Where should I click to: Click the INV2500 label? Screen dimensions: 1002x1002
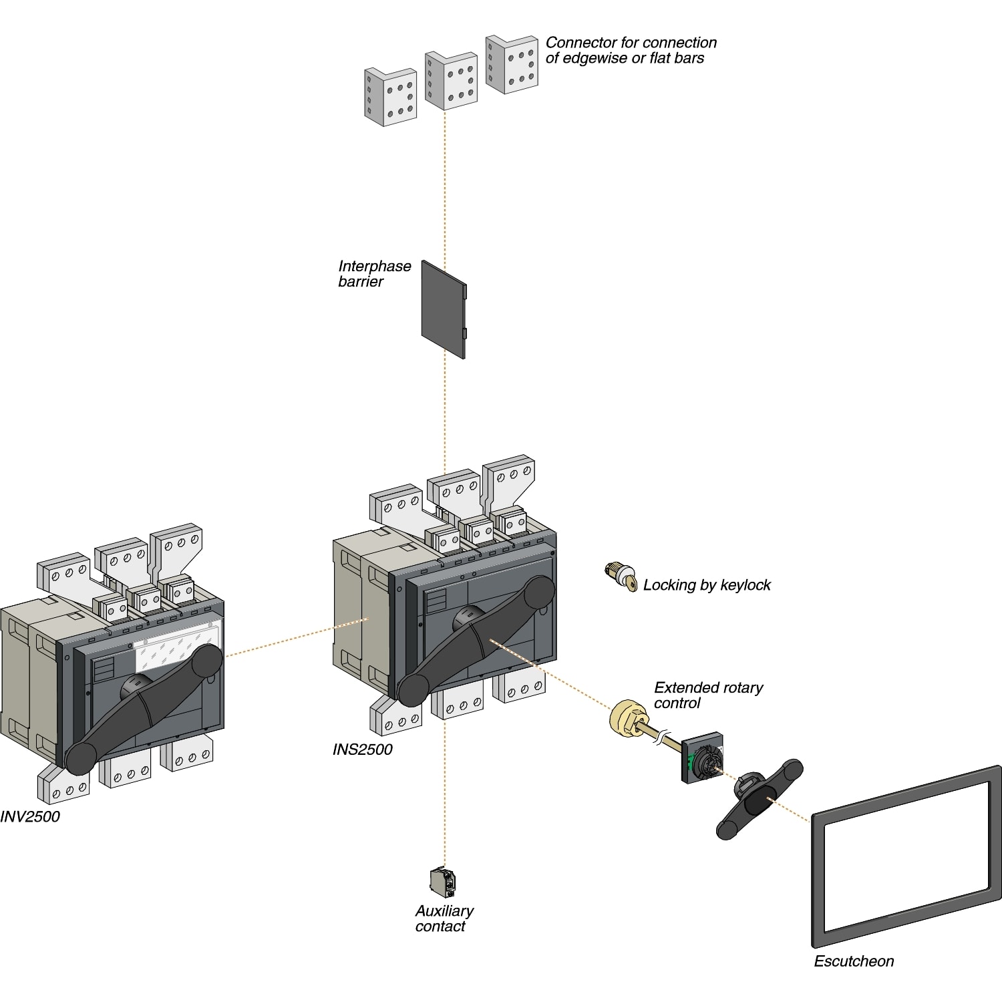30,816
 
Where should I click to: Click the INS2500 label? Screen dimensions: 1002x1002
362,749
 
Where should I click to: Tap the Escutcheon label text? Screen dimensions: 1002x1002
853,961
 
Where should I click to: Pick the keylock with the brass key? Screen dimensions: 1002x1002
621,576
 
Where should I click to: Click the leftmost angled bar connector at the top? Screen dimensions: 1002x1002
390,96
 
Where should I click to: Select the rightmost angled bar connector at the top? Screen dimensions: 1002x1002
512,64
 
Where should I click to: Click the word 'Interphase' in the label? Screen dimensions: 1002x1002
374,266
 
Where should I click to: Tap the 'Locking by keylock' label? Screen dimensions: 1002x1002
707,585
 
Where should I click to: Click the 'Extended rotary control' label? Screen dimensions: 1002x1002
707,695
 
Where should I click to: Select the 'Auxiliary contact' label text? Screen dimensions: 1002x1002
444,918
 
